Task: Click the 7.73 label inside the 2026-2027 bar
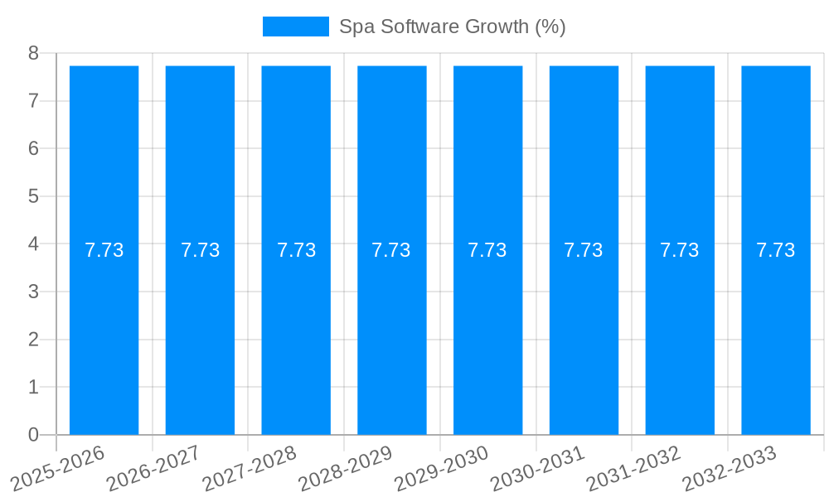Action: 200,250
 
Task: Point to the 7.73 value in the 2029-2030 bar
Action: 487,250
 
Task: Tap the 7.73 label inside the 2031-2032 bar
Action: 679,250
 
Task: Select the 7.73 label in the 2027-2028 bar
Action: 296,250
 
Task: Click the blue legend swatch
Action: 295,27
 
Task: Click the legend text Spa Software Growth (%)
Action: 452,27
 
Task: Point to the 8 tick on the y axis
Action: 33,54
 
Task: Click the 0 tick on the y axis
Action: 33,435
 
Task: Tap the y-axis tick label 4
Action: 33,244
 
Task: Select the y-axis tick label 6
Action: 33,149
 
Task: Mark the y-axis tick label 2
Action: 33,340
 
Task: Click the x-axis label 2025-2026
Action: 59,468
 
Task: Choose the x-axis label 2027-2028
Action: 250,468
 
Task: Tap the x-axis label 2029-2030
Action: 442,468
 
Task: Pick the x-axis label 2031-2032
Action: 634,468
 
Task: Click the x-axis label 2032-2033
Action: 730,468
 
